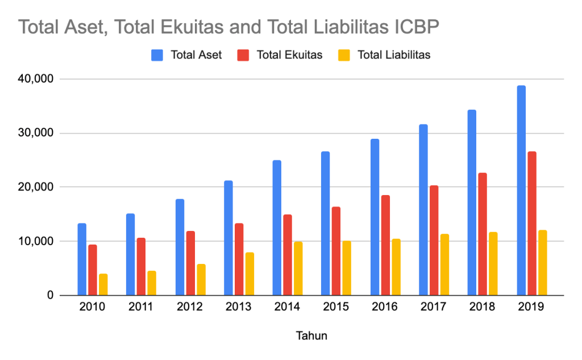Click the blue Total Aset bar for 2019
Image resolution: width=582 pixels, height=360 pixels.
click(521, 191)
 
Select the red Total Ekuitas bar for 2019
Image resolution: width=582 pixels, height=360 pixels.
click(532, 224)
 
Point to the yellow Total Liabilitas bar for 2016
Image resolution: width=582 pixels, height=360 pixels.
click(396, 267)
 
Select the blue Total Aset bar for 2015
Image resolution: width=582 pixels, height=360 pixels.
click(326, 224)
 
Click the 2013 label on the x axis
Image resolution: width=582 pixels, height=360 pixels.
click(239, 308)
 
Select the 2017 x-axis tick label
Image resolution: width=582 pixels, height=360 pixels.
click(434, 308)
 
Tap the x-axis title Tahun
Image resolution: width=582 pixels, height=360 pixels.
click(311, 336)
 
